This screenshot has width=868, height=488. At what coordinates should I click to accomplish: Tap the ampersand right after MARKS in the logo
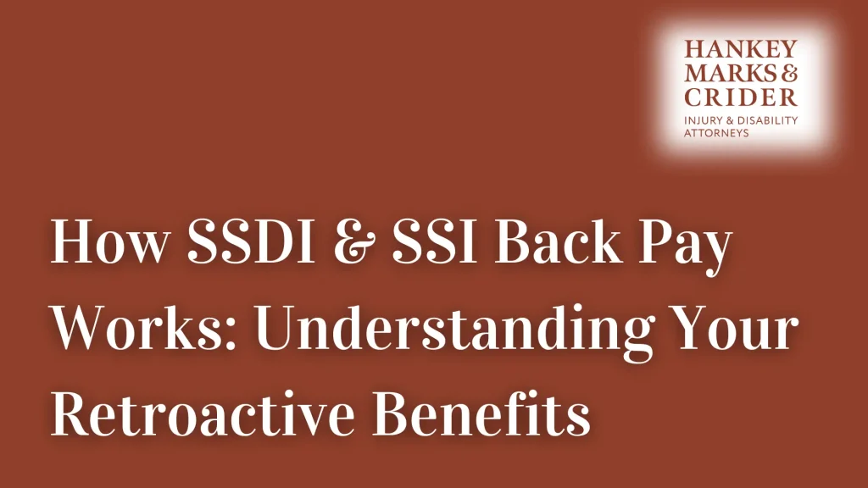pyautogui.click(x=789, y=74)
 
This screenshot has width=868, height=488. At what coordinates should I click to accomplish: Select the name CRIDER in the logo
pyautogui.click(x=741, y=97)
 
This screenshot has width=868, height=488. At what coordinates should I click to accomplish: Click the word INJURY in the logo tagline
pyautogui.click(x=703, y=120)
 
